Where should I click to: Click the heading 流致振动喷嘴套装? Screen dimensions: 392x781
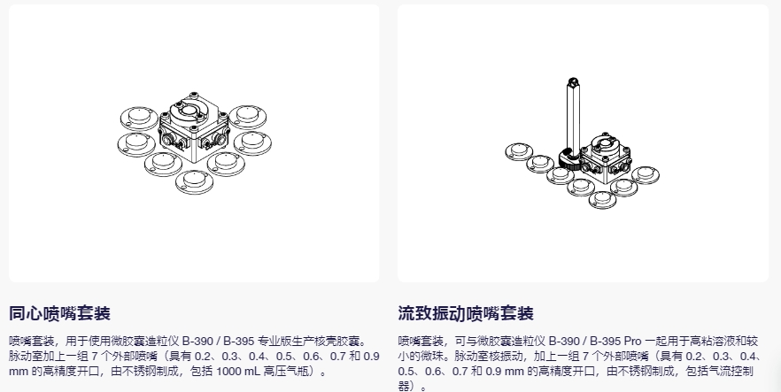click(466, 313)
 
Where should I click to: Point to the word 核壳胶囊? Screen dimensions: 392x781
click(339, 340)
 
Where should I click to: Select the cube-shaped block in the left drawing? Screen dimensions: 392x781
click(189, 128)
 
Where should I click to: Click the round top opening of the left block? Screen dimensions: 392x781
click(189, 111)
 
